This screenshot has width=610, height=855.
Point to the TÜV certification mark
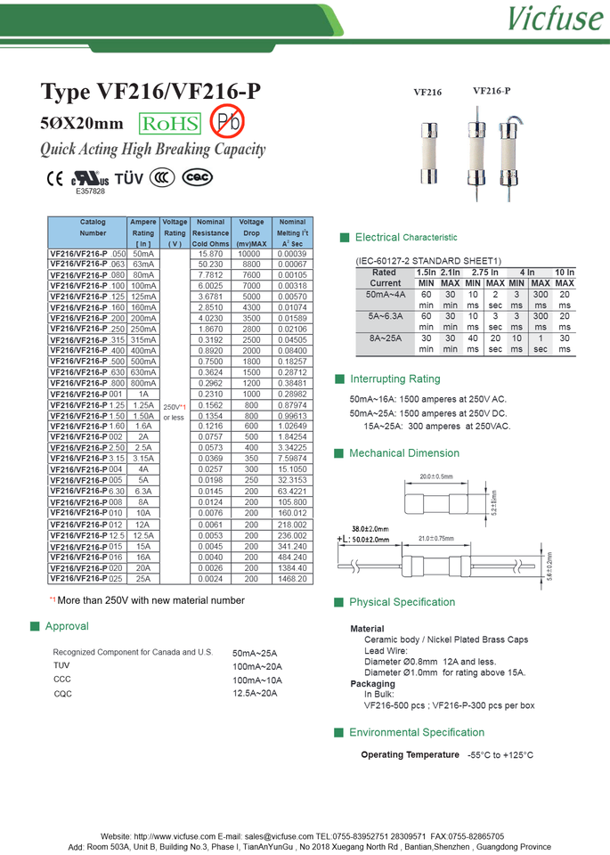click(129, 178)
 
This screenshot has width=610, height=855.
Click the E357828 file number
click(90, 191)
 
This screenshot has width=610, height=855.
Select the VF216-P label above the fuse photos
click(492, 90)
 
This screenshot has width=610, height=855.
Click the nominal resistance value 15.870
click(211, 254)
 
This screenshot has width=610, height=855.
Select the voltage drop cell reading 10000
click(251, 254)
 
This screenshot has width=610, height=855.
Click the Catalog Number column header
click(93, 227)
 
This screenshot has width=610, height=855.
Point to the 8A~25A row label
click(385, 338)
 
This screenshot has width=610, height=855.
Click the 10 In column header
click(565, 273)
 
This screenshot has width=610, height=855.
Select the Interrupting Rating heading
click(394, 379)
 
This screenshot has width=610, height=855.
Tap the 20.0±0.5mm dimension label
click(435, 476)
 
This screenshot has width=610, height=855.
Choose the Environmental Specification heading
click(417, 732)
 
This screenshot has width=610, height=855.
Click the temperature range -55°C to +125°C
click(500, 755)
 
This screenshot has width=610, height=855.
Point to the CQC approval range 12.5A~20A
click(255, 693)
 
